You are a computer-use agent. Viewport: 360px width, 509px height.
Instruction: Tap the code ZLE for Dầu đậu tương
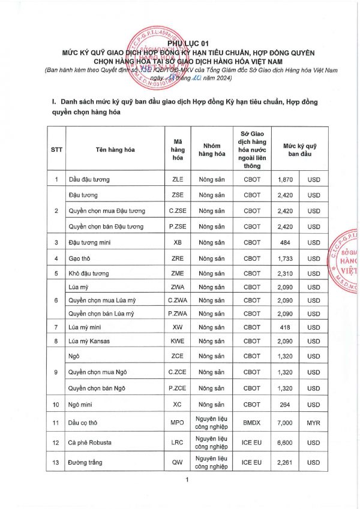point(178,179)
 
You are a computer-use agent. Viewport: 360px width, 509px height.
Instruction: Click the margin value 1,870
point(285,179)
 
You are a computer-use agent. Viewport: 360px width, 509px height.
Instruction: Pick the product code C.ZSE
point(178,211)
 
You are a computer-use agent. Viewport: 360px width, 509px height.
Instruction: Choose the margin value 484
point(285,242)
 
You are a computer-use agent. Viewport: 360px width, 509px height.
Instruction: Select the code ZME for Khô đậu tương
point(178,273)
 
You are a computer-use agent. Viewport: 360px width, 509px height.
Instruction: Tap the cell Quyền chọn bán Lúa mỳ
point(101,314)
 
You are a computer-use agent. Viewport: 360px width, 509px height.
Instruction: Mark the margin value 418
point(285,327)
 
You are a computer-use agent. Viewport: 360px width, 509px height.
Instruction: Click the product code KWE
point(178,342)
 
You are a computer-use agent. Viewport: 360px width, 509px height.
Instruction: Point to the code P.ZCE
point(178,388)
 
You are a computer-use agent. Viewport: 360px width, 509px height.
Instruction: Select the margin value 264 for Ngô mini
point(285,405)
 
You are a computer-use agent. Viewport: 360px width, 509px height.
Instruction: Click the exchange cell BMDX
point(252,423)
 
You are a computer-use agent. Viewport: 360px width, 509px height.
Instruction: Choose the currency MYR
point(314,423)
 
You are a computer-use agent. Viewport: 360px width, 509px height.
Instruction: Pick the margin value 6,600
point(285,442)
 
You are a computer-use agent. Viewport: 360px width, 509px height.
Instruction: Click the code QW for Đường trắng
point(178,462)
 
